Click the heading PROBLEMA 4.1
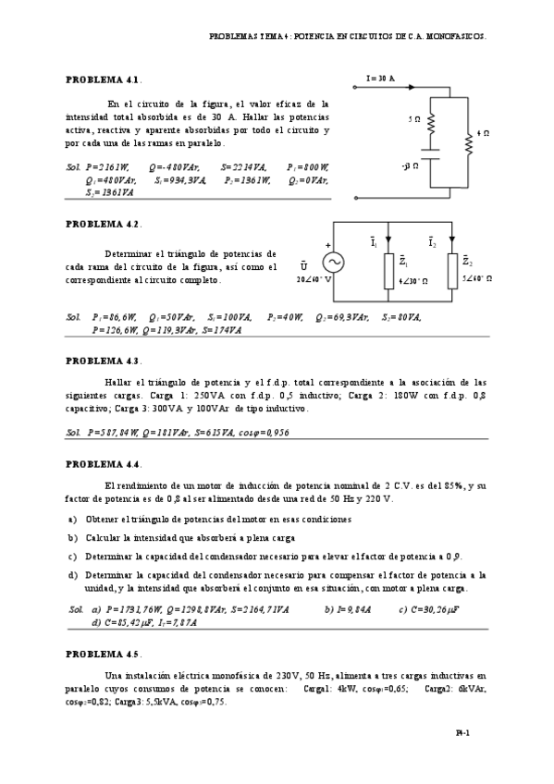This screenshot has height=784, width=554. pos(102,80)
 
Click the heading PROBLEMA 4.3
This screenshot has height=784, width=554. pos(102,360)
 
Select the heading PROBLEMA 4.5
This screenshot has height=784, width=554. pos(102,654)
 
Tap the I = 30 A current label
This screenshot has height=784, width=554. pos(381,80)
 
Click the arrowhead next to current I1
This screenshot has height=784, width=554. pos(388,236)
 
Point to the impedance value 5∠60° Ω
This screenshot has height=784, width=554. pos(476,278)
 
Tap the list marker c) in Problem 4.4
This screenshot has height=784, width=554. pos(72,557)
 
